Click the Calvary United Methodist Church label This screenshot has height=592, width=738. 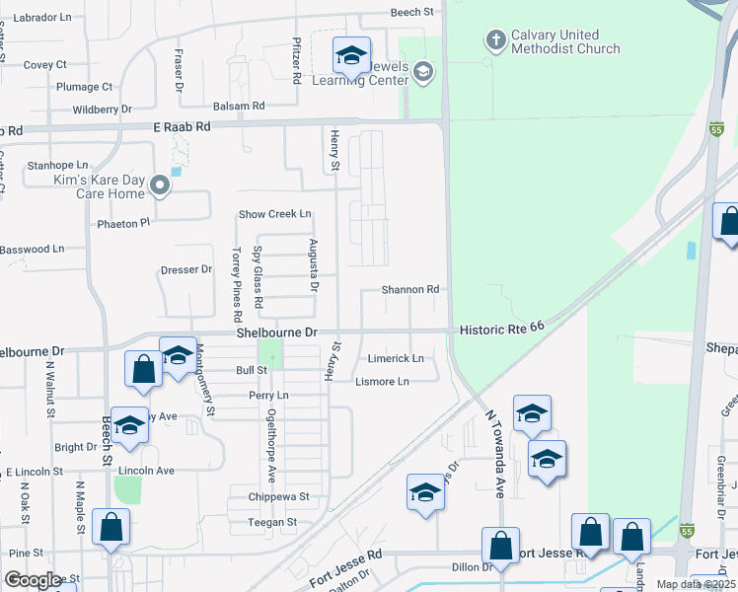pyautogui.click(x=565, y=41)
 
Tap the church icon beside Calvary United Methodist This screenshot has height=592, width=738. pyautogui.click(x=495, y=40)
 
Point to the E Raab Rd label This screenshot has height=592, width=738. pyautogui.click(x=183, y=127)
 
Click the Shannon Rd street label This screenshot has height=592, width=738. pyautogui.click(x=410, y=290)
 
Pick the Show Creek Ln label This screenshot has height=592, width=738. pyautogui.click(x=275, y=214)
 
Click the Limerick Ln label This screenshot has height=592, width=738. pyautogui.click(x=395, y=358)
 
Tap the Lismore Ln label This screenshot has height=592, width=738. pyautogui.click(x=382, y=382)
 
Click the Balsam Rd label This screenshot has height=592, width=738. pyautogui.click(x=239, y=106)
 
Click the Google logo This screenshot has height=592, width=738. pyautogui.click(x=34, y=579)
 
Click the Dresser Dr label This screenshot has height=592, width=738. pyautogui.click(x=185, y=269)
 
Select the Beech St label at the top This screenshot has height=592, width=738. pyautogui.click(x=412, y=12)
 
